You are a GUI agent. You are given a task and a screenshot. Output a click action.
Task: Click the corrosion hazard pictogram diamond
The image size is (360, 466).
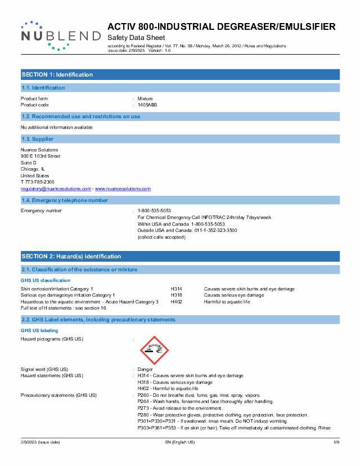click(154, 349)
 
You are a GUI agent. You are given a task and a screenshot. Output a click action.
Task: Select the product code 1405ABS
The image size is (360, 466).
click(148, 105)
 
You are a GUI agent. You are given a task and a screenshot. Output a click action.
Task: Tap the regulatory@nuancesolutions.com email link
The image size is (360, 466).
click(56, 189)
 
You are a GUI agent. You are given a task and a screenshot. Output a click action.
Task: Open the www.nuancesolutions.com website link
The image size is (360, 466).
click(123, 189)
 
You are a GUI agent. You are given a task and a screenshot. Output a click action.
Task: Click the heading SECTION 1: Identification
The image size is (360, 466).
click(57, 74)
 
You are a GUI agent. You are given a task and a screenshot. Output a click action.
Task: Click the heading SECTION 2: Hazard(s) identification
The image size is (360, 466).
click(71, 256)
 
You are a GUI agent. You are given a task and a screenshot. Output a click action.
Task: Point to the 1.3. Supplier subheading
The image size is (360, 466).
click(37, 139)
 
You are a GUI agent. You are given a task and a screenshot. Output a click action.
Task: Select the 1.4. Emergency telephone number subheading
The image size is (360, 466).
click(65, 200)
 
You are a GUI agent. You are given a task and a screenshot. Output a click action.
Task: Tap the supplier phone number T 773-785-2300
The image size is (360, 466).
click(38, 182)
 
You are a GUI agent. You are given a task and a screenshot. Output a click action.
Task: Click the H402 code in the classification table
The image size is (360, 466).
click(176, 302)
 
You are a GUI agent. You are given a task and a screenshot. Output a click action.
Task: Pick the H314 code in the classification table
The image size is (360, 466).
click(176, 289)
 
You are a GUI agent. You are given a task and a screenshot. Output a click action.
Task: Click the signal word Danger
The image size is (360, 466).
click(145, 369)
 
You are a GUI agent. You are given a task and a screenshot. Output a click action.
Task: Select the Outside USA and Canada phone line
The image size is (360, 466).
click(187, 231)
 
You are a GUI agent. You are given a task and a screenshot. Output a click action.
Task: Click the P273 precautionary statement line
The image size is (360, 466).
click(180, 408)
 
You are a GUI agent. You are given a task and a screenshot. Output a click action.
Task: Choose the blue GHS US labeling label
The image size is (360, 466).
click(39, 330)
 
